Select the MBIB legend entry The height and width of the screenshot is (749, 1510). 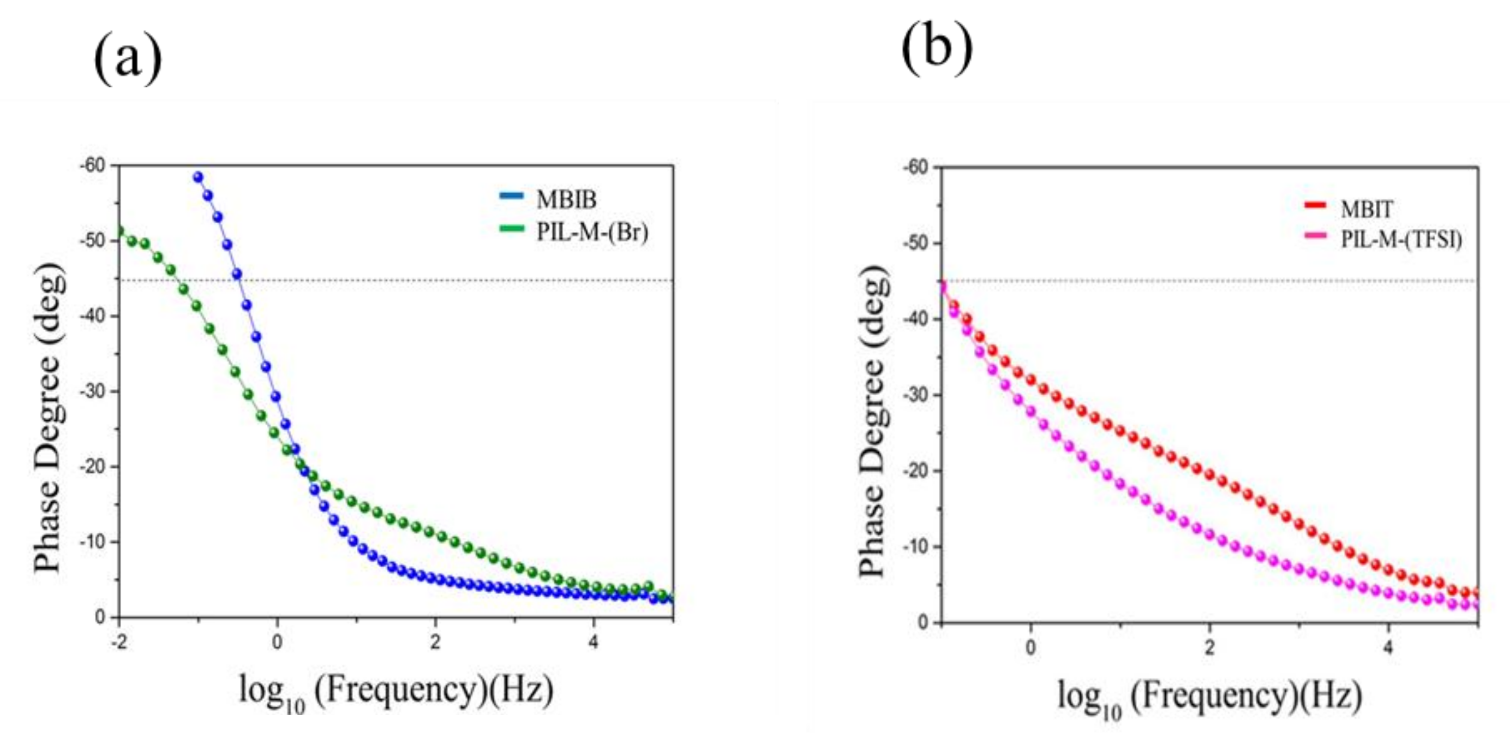(x=566, y=200)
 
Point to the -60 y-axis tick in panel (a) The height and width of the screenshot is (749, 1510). (x=93, y=166)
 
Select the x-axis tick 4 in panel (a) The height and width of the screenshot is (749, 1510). (x=593, y=641)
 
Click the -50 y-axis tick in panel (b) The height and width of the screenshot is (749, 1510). (x=916, y=243)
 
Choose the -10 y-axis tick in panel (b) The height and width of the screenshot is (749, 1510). (x=916, y=546)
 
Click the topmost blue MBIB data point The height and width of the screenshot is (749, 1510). (x=198, y=177)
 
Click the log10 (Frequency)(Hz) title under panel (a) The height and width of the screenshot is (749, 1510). (x=396, y=693)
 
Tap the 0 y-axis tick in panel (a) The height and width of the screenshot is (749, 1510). (x=100, y=617)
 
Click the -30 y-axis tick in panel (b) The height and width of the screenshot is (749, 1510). (x=916, y=395)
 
